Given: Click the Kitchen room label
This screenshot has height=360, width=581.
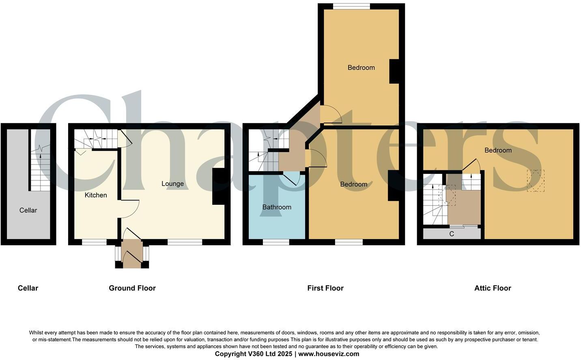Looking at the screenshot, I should click(x=96, y=195).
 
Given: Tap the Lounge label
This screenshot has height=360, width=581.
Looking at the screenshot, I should click(x=172, y=184).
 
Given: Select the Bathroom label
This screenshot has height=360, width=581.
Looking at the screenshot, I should click(x=277, y=207).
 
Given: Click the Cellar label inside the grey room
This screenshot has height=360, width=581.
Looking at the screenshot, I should click(x=28, y=210).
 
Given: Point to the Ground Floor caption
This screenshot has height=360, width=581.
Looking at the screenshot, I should click(x=132, y=288).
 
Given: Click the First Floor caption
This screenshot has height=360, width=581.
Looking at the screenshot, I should click(x=325, y=288).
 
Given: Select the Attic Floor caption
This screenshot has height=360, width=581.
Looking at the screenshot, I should click(x=493, y=288).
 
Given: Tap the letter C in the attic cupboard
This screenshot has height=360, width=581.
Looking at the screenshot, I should click(x=452, y=234).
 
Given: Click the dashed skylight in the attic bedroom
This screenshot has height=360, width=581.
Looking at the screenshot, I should click(x=536, y=180).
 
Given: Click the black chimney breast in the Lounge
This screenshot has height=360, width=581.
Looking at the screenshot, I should click(x=218, y=186).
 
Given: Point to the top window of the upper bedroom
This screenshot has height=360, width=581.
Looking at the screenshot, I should click(x=351, y=6).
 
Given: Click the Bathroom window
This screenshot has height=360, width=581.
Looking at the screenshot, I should click(x=276, y=242).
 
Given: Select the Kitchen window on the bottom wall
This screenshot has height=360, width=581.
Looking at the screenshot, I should click(x=94, y=242).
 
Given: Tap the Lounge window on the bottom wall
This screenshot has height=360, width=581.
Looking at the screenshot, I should click(x=185, y=242).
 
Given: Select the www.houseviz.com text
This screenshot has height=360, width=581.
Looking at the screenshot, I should click(x=329, y=354).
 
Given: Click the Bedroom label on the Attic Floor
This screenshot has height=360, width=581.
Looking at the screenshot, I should click(x=498, y=150).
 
